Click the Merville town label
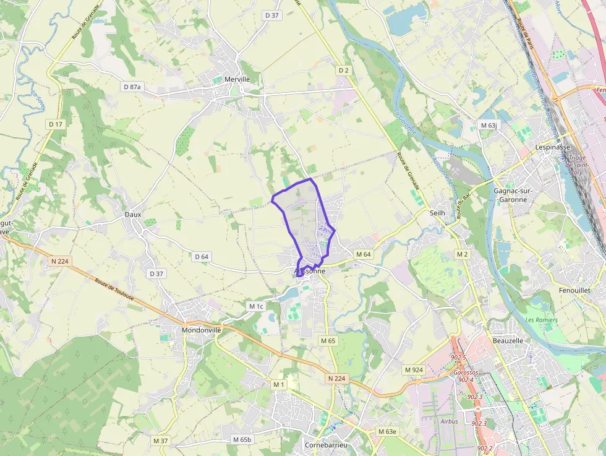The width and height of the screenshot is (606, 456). point(237,79)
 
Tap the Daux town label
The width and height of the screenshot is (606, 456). point(133,215)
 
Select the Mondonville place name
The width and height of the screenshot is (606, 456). point(201,330)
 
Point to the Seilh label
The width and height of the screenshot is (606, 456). point(437,212)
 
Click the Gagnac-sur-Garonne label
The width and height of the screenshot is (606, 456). point(510,196)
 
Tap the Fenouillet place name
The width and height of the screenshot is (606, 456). point(574,290)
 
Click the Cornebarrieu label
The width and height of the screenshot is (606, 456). point(326,445)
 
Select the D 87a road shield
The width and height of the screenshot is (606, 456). point(132,87)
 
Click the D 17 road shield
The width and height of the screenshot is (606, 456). point(56,124)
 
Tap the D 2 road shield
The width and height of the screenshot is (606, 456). point(344,71)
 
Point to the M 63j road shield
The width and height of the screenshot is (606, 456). point(489,126)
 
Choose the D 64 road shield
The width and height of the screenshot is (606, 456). point(202,256)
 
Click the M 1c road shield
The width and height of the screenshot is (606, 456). point(256,306)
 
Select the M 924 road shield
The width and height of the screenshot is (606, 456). point(414,370)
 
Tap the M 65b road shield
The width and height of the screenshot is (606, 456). point(242,439)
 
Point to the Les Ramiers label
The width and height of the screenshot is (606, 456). point(541,320)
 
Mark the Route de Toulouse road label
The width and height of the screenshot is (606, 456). point(115,290)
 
